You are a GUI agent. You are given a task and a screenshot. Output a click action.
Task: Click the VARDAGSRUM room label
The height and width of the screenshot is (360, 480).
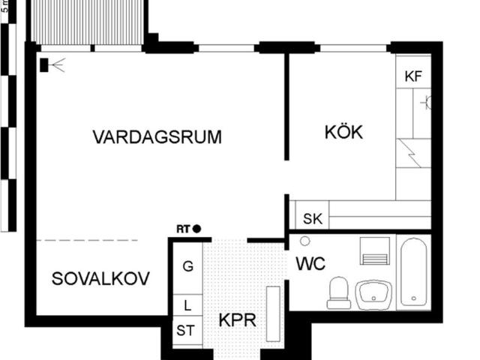pyautogui.click(x=157, y=136)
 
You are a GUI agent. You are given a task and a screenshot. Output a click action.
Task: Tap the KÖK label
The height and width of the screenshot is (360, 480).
pyautogui.click(x=343, y=132)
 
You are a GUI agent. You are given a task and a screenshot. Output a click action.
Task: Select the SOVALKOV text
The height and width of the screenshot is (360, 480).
pyautogui.click(x=100, y=278)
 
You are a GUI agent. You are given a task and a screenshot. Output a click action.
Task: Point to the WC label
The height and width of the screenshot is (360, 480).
pyautogui.click(x=310, y=263)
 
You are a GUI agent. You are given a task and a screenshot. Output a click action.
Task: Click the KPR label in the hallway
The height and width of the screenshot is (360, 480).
pyautogui.click(x=238, y=320)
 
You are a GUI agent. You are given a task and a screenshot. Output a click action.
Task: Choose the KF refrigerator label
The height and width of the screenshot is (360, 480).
pyautogui.click(x=413, y=76)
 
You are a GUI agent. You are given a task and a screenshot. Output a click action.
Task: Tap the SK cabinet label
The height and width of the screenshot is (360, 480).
pyautogui.click(x=313, y=219)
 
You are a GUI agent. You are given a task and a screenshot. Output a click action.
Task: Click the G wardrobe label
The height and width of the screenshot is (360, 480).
pyautogui.click(x=188, y=266)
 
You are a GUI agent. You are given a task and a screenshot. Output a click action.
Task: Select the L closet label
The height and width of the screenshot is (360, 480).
pyautogui.click(x=187, y=305)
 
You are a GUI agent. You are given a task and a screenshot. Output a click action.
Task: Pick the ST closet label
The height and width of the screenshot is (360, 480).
pyautogui.click(x=185, y=331)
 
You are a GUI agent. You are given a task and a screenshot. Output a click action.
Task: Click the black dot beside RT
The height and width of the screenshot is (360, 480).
pyautogui.click(x=196, y=229)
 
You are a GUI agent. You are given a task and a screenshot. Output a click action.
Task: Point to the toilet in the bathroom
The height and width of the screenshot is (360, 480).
pyautogui.click(x=338, y=293)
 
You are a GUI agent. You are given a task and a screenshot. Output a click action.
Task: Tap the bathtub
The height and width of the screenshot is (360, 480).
pyautogui.click(x=413, y=271)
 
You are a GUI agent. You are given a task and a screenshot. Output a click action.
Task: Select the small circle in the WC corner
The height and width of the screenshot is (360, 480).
pyautogui.click(x=305, y=241)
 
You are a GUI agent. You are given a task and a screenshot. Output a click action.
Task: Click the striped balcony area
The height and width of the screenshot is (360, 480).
pyautogui.click(x=87, y=22)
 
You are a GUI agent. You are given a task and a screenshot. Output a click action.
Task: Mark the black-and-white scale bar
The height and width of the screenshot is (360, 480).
pyautogui.click(x=8, y=115)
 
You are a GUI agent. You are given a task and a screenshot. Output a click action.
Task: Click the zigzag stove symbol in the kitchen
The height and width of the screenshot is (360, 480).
pyautogui.click(x=410, y=153)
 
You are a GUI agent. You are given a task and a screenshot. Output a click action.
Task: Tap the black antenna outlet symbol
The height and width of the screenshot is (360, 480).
pyautogui.click(x=52, y=65)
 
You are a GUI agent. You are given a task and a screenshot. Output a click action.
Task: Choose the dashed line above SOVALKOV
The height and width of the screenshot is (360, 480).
pyautogui.click(x=87, y=240)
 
